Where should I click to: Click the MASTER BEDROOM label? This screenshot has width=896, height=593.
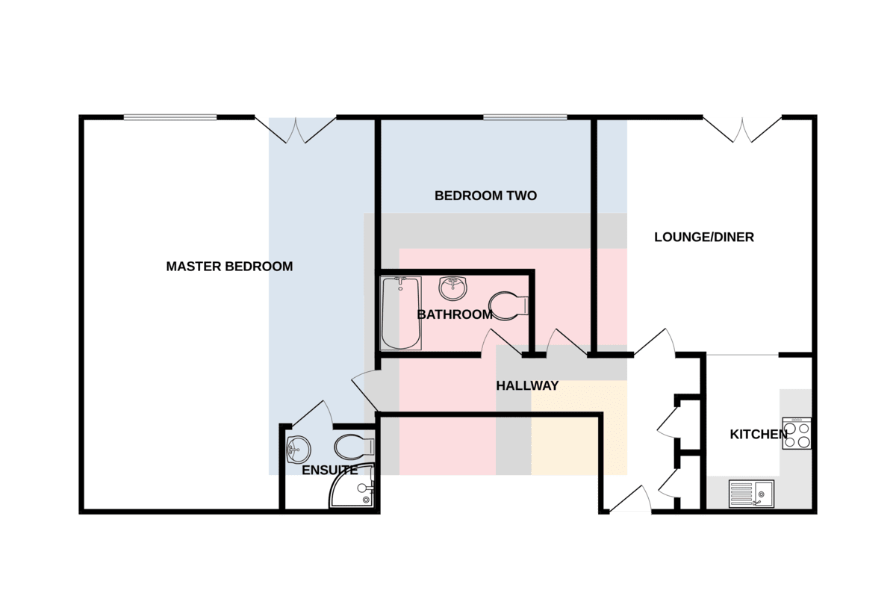click(229, 267)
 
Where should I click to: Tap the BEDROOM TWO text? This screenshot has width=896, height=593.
click(485, 196)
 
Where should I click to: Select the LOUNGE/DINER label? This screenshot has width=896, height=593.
click(704, 237)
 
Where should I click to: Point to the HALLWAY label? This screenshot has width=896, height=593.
click(527, 385)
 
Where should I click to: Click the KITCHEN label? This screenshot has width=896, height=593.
click(759, 434)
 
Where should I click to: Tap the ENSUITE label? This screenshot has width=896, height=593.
click(329, 471)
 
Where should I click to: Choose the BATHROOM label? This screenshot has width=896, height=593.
click(455, 314)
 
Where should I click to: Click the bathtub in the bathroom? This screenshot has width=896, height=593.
click(400, 314)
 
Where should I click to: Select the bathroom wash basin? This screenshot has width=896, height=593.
click(452, 288)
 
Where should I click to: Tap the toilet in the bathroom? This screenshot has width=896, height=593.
click(508, 306)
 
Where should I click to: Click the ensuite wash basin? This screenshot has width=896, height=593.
click(299, 449)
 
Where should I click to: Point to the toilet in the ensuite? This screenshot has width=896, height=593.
click(355, 447)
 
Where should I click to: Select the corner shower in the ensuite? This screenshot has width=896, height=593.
click(352, 486)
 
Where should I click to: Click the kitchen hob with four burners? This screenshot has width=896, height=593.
click(797, 433)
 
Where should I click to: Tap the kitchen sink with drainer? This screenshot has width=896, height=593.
click(751, 494)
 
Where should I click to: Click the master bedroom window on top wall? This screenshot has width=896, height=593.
click(170, 117)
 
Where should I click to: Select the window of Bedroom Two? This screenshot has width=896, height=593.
click(525, 117)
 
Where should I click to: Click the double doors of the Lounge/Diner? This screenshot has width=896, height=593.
click(742, 130)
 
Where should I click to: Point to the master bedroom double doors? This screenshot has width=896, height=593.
click(296, 130)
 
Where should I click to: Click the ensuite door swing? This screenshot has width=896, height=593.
click(313, 413)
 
